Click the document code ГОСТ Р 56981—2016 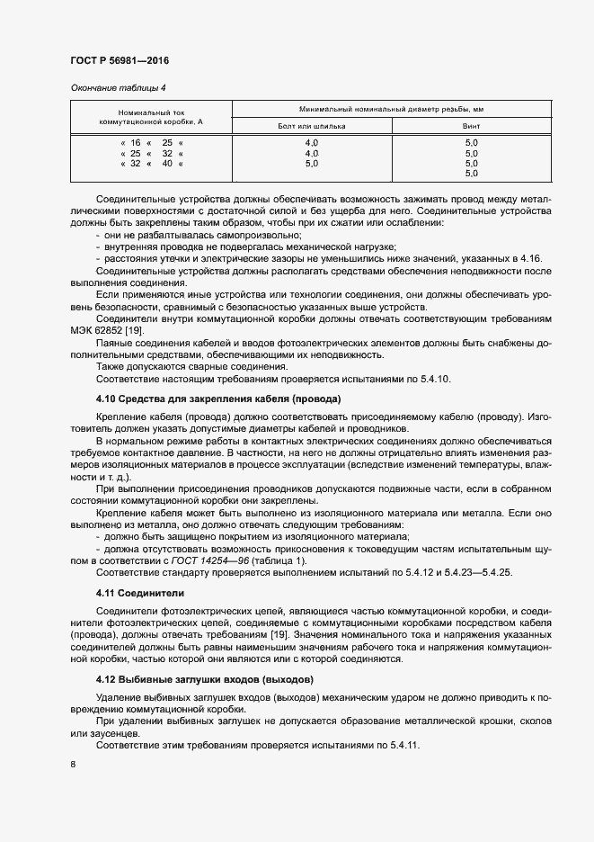tap(120, 60)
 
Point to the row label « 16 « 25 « tap(151, 143)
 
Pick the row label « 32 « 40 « tap(151, 164)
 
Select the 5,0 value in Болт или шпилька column tap(312, 164)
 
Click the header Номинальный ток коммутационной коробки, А tap(151, 117)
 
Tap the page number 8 tap(72, 766)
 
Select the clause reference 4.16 tap(531, 258)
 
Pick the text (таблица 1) tap(262, 559)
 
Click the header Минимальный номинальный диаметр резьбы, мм tap(395, 108)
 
